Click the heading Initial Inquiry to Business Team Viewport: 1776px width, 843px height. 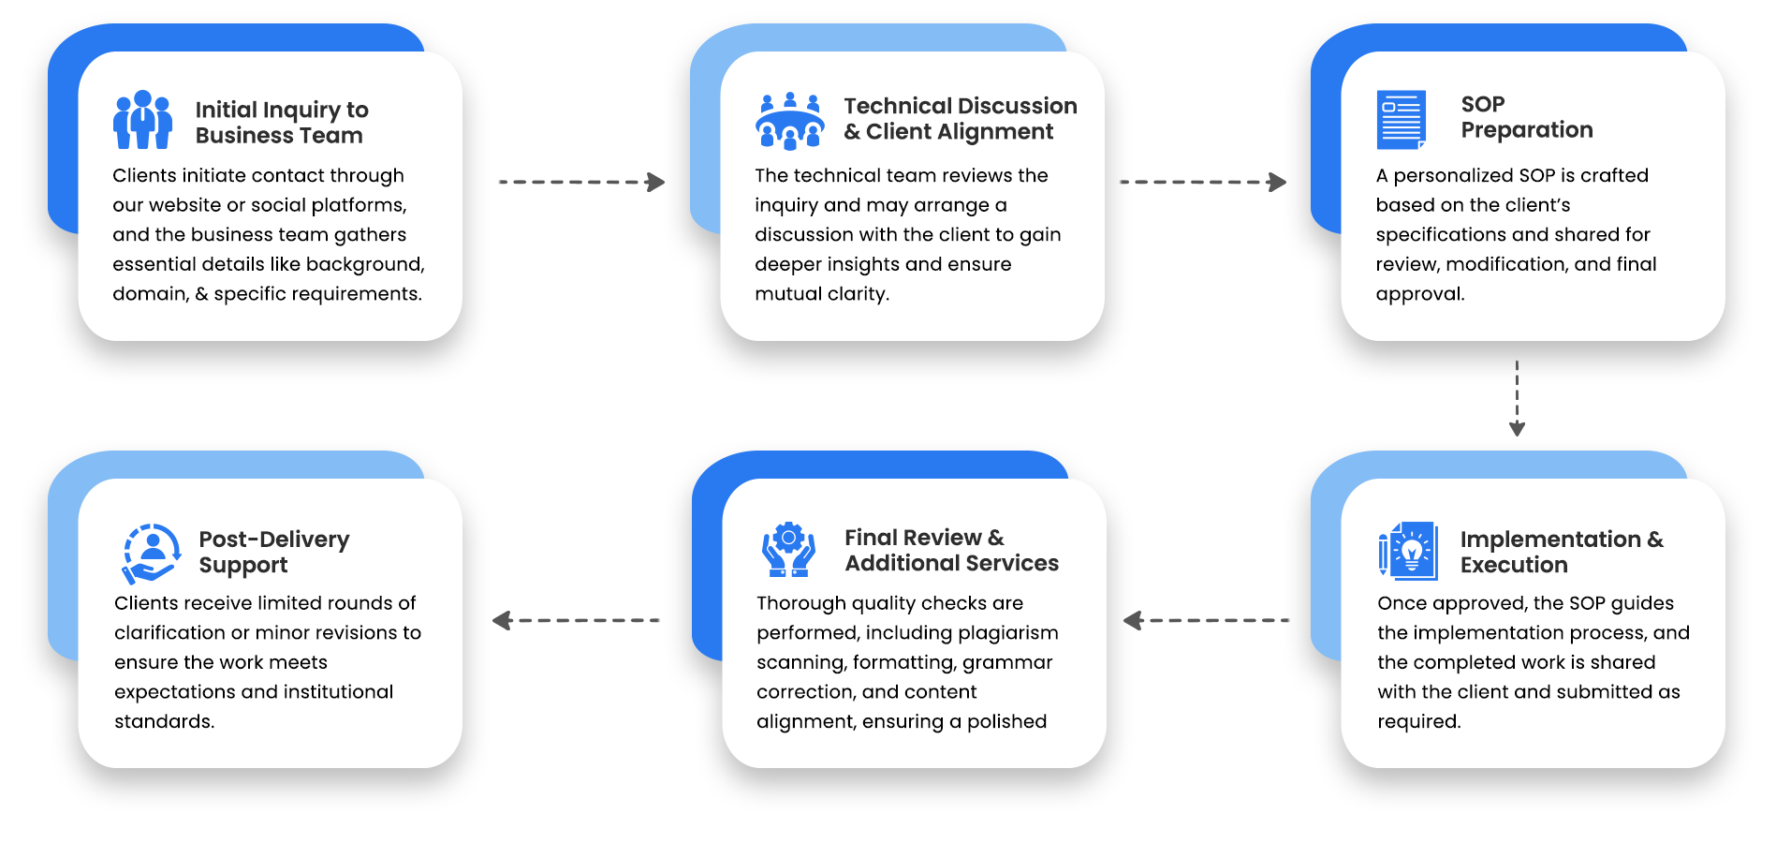tap(282, 123)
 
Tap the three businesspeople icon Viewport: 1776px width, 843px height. tap(142, 120)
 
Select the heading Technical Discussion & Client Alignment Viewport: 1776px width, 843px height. tap(961, 119)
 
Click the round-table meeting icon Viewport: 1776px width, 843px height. tap(789, 122)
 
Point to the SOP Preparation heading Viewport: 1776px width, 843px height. tap(1527, 117)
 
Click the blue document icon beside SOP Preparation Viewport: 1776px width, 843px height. tap(1402, 120)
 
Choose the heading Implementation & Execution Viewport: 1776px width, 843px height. tap(1562, 552)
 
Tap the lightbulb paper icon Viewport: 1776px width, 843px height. tap(1407, 551)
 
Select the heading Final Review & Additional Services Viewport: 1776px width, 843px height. tap(951, 550)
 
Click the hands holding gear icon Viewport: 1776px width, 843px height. tap(788, 550)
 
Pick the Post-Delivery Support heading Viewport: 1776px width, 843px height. tap(273, 552)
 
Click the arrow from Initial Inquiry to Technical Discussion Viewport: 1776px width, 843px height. tap(581, 182)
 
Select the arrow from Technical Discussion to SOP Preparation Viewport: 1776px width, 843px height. tap(1203, 182)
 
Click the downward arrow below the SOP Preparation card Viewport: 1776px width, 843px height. tap(1517, 398)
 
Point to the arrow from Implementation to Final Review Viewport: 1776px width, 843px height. tap(1206, 620)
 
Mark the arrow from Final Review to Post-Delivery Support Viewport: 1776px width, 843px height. tap(576, 620)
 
